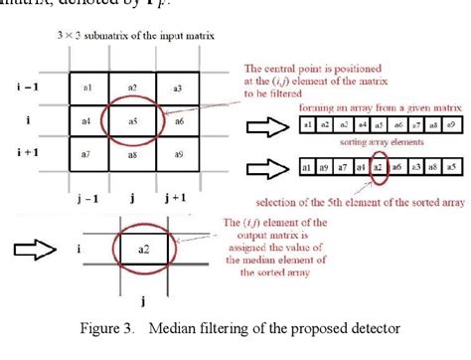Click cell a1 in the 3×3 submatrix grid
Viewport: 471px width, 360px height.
pyautogui.click(x=87, y=90)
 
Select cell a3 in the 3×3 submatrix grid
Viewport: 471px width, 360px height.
pyautogui.click(x=178, y=90)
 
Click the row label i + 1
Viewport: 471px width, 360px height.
pyautogui.click(x=26, y=154)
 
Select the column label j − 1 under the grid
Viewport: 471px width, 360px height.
pyautogui.click(x=87, y=197)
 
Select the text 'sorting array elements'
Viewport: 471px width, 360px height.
pyautogui.click(x=375, y=144)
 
